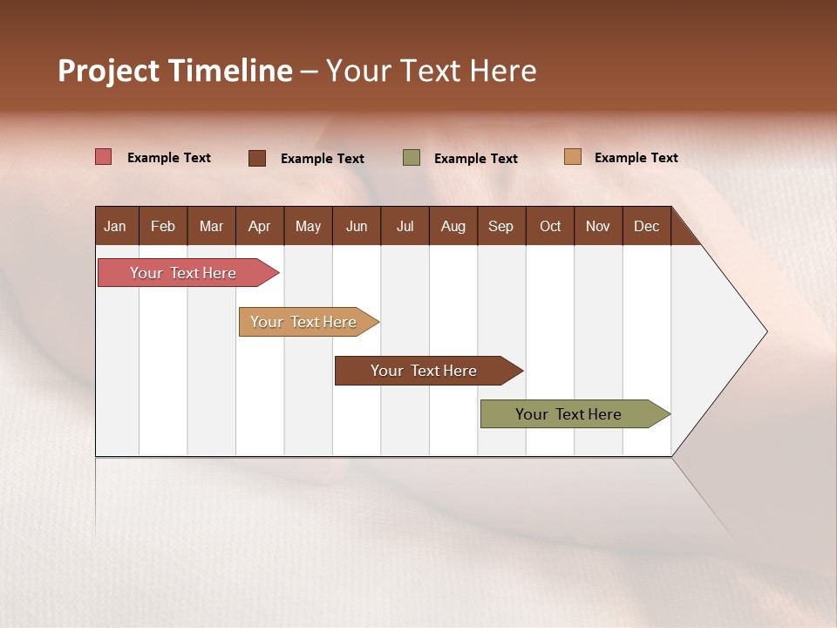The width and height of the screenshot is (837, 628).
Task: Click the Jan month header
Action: point(115,227)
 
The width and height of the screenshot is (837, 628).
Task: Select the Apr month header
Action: point(259,227)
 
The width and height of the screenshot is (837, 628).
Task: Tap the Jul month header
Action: point(405,227)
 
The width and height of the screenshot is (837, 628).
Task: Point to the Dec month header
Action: point(646,227)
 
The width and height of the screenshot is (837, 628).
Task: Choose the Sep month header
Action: point(500,227)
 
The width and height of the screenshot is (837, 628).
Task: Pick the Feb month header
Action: point(163,227)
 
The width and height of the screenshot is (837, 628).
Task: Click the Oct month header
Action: point(550,227)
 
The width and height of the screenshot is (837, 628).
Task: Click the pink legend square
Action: point(104,157)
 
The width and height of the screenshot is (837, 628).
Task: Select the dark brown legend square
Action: point(257,158)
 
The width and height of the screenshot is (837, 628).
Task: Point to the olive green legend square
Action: point(412,158)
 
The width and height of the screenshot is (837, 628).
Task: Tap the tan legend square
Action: point(572,157)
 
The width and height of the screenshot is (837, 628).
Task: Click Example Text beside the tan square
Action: point(636,158)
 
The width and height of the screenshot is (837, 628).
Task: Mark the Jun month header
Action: point(357,227)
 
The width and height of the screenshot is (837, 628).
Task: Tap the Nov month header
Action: point(598,227)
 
